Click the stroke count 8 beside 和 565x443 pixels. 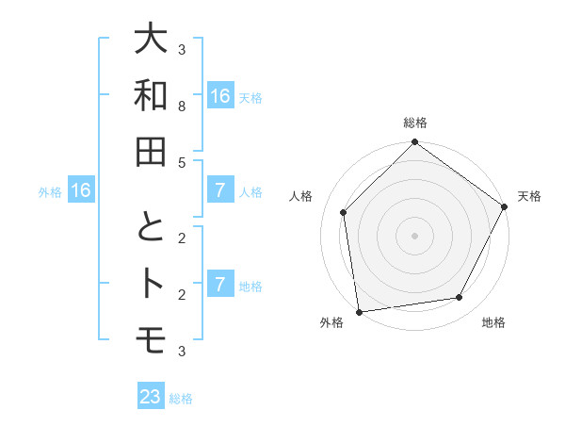pos(182,107)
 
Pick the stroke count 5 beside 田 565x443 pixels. pos(182,162)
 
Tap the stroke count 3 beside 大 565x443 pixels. pos(182,50)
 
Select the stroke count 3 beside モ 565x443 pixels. pos(182,352)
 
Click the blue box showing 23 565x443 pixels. pos(151,397)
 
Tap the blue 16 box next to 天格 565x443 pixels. pos(219,96)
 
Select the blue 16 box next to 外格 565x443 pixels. pos(81,191)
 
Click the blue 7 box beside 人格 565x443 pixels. pos(219,191)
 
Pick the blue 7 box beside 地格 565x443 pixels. pos(219,285)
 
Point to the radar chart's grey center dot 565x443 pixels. pos(414,235)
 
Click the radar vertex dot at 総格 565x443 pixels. pos(414,143)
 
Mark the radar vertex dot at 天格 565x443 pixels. pos(505,206)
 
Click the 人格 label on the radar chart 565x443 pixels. pos(301,196)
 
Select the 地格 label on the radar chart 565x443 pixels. pos(493,322)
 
